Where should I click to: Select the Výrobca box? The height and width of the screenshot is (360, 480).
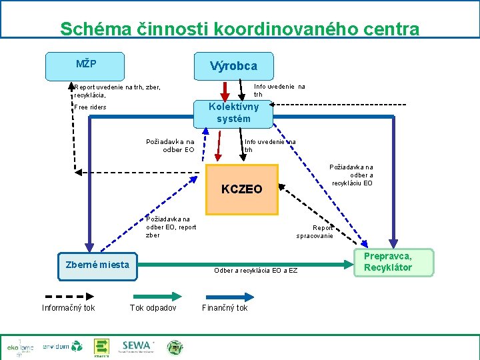point(233,66)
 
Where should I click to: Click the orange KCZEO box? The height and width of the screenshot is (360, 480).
point(241,189)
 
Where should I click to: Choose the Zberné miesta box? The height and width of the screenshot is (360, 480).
point(97,265)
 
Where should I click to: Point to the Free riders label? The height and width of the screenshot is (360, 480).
point(90,107)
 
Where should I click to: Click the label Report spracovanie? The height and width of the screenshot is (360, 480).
point(315,231)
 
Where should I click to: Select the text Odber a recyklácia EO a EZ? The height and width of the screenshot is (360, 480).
point(255,270)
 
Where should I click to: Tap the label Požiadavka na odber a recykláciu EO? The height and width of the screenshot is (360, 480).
point(351,175)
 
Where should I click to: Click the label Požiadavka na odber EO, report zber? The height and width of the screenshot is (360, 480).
point(171,227)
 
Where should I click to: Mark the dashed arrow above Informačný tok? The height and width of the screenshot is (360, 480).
point(68,295)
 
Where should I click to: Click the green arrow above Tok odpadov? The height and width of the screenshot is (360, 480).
point(153,295)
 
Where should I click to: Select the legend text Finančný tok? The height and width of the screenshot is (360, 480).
point(225,308)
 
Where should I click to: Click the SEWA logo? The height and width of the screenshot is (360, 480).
point(137,346)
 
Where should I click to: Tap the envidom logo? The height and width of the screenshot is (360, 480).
point(62,347)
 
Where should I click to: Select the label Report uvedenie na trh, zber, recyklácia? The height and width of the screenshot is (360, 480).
point(117,91)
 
